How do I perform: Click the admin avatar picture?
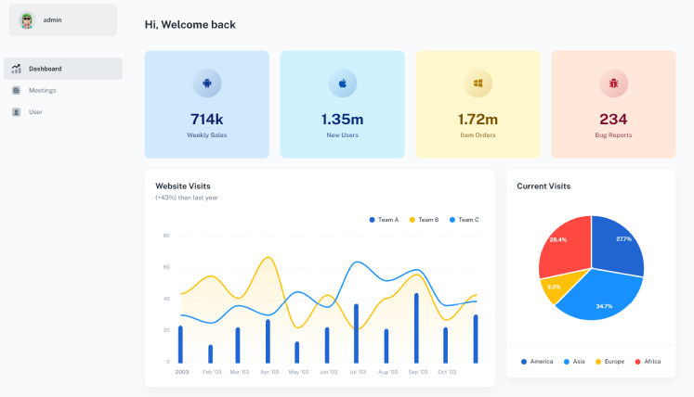(x=27, y=20)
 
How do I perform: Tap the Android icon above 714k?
(x=206, y=83)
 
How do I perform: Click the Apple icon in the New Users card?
(x=343, y=83)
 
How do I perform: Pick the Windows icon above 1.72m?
(x=478, y=83)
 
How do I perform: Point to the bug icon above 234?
(x=613, y=83)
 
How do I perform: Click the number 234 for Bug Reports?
(x=613, y=120)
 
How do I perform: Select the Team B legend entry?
(x=424, y=220)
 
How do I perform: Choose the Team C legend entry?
(x=465, y=220)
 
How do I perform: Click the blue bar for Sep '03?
(x=416, y=328)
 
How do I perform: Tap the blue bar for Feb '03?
(x=210, y=354)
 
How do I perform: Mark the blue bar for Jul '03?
(x=357, y=334)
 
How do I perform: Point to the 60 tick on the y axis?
(x=166, y=267)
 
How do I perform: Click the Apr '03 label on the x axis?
(x=269, y=372)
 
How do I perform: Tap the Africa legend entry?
(x=648, y=362)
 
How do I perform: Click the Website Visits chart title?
(x=183, y=186)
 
